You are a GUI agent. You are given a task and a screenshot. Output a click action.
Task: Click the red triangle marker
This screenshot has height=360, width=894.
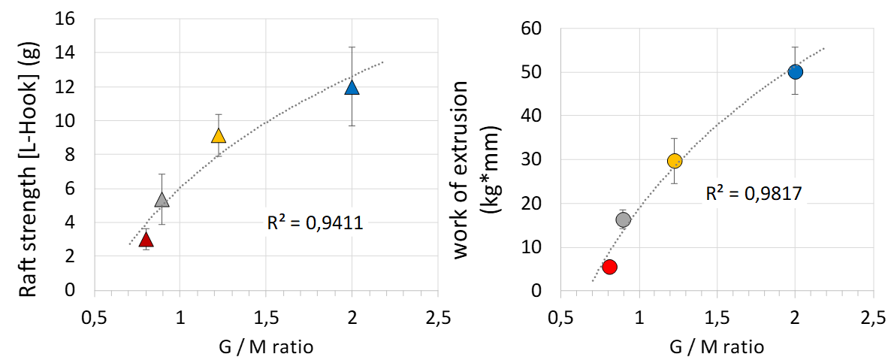point(146,240)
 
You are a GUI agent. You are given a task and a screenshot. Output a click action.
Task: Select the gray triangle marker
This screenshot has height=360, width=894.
point(162,200)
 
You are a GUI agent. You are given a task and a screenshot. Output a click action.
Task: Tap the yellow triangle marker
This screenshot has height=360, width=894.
point(219,136)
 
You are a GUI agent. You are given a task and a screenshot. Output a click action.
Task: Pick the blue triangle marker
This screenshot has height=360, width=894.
point(352,88)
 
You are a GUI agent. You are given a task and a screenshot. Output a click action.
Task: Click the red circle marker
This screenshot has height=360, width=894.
point(609,267)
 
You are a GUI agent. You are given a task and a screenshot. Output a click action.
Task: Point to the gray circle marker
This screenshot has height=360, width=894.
point(623,219)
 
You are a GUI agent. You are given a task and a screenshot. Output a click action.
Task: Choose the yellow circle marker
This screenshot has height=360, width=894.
point(674,161)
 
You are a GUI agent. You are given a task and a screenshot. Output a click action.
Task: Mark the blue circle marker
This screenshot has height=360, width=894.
point(796,72)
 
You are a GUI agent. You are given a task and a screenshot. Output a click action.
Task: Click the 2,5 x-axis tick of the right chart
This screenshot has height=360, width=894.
point(872,319)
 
